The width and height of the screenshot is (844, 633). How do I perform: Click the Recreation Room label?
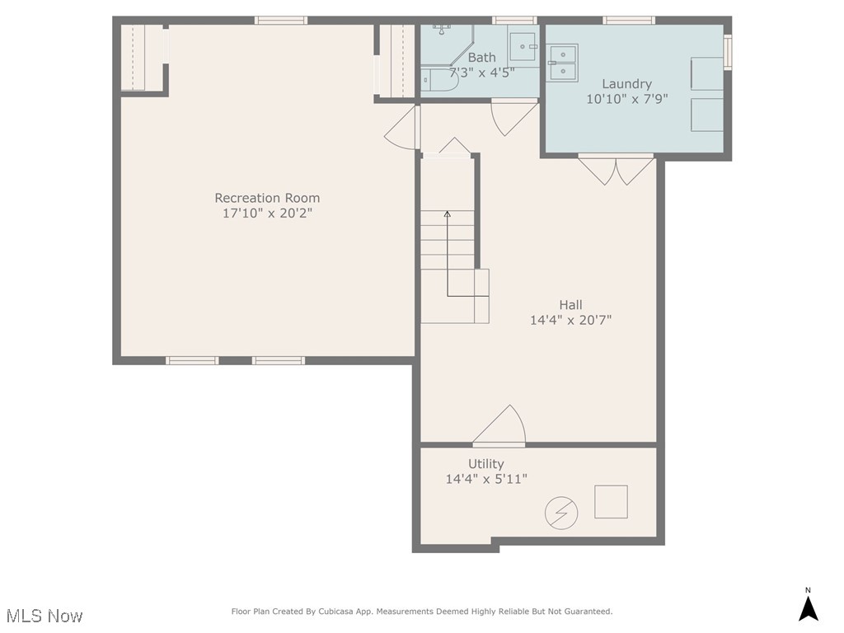click(x=267, y=198)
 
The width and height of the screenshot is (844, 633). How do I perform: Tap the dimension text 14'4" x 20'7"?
click(x=570, y=320)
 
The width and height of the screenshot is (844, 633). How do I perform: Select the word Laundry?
click(x=626, y=83)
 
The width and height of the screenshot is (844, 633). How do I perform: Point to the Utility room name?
click(x=485, y=463)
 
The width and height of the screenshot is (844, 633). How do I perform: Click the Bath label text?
click(x=482, y=58)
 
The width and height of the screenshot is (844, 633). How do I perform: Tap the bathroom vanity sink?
click(x=522, y=46)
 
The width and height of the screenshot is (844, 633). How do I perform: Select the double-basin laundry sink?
click(x=564, y=63)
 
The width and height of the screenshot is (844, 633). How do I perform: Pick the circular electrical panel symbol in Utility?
click(x=561, y=514)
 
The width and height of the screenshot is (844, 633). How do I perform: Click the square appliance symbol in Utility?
click(x=611, y=502)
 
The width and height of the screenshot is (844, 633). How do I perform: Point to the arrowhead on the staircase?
click(x=448, y=214)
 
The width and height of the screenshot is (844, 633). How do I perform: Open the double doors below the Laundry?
click(x=617, y=170)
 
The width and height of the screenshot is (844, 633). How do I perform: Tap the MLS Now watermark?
click(x=45, y=616)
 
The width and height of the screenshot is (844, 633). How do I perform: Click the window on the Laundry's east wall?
click(x=728, y=51)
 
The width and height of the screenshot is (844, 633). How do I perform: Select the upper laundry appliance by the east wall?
click(x=706, y=73)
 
